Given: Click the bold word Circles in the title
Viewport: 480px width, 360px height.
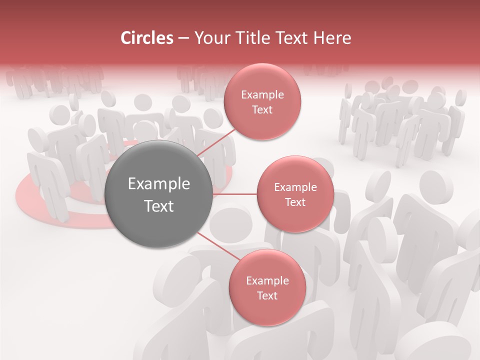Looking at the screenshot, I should tap(147, 38).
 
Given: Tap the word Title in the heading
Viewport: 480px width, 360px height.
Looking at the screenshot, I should tap(250, 38).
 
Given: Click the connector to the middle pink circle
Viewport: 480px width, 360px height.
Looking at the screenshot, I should tap(235, 194).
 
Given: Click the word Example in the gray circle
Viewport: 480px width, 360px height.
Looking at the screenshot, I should tap(159, 184).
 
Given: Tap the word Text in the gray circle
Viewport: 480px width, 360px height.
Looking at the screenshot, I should tap(159, 206).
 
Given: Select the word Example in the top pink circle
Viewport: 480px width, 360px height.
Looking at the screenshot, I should tap(262, 95).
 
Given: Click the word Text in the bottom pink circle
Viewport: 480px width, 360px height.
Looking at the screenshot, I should tap(267, 296).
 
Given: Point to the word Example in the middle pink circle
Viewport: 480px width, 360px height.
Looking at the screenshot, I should tap(295, 187).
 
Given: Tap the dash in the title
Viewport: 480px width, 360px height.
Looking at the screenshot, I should tap(183, 38).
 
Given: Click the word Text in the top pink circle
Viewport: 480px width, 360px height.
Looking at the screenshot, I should tap(262, 109).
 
